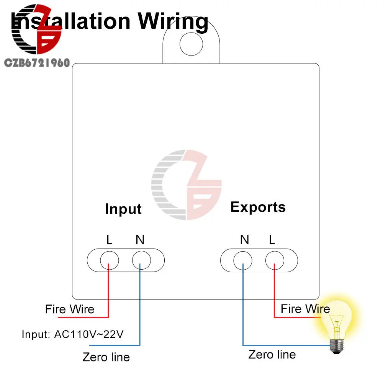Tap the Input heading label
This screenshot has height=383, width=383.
(x=123, y=209)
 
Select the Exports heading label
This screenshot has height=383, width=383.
(x=258, y=207)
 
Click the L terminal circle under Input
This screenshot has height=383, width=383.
(x=109, y=261)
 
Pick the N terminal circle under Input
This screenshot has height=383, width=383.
(x=141, y=261)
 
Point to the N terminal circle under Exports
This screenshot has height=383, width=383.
(x=243, y=261)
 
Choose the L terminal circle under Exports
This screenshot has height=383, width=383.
(x=275, y=261)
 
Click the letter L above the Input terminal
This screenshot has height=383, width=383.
(x=110, y=240)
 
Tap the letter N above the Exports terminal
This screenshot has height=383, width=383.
(x=244, y=240)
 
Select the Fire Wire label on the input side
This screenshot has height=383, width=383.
(x=69, y=309)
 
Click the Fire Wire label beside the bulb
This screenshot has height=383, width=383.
(x=305, y=309)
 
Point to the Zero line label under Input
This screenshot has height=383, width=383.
(x=106, y=357)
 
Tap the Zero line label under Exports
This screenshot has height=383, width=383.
(x=272, y=354)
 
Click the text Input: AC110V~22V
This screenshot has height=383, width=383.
(x=72, y=334)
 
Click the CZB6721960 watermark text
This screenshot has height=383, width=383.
(x=37, y=63)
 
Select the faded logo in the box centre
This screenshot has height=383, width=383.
(x=187, y=185)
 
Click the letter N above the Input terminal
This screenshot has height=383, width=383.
(x=140, y=240)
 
